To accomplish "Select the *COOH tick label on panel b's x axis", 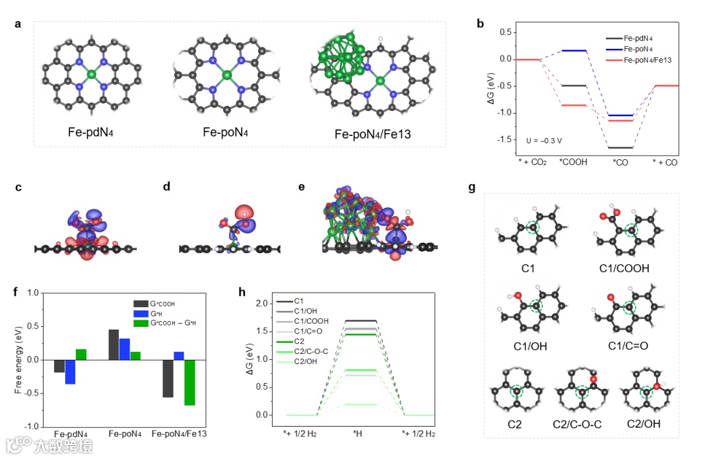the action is pos(572,162).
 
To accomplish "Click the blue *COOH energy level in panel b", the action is pos(573,50).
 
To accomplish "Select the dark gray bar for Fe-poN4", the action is pos(114,344).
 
